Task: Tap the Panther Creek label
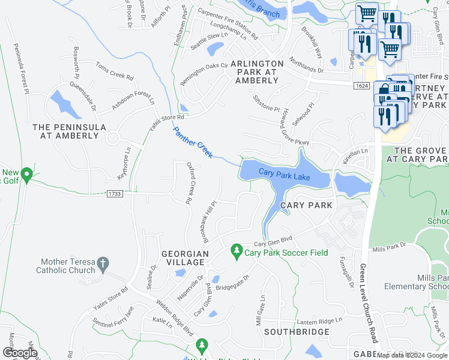point(193,143)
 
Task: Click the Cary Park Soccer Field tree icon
point(237,249)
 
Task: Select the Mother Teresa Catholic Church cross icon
point(103,262)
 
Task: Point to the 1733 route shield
point(116,193)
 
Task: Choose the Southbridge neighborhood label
point(297,332)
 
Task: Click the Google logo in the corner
point(20,353)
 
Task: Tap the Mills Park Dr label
point(389,248)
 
